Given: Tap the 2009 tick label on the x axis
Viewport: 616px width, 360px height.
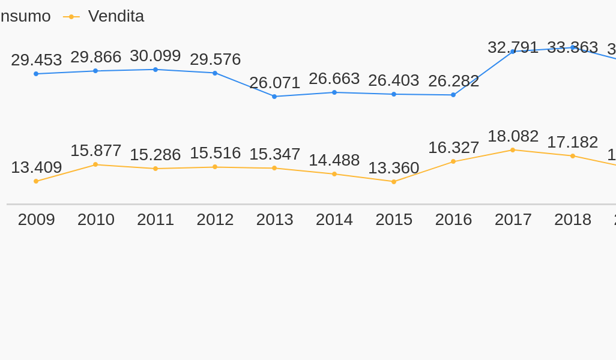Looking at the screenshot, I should click(36, 220).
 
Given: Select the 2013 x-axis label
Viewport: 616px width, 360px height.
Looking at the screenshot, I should click(274, 220).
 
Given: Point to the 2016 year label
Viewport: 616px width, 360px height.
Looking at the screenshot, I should click(453, 220).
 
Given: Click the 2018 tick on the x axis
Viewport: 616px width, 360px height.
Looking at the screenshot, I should click(572, 220).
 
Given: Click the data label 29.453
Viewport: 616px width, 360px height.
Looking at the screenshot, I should click(36, 60).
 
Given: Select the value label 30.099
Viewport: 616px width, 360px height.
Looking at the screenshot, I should click(155, 56).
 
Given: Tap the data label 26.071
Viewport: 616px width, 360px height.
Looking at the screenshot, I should click(274, 83).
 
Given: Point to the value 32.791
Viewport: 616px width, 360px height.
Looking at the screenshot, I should click(513, 47).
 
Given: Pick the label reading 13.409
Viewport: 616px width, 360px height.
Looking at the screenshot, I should click(36, 167).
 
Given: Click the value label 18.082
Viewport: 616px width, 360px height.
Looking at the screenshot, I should click(513, 136).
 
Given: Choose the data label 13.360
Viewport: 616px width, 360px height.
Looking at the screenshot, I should click(393, 168).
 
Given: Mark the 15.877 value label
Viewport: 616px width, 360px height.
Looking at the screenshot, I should click(95, 151).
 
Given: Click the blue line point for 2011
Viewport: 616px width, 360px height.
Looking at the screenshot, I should click(156, 70).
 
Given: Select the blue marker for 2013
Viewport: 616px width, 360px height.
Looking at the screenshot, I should click(274, 97).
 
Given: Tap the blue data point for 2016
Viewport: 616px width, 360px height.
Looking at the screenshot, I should click(453, 95).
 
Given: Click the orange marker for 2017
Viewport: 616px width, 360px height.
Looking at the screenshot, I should click(513, 150).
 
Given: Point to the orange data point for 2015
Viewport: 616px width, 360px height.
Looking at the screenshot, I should click(394, 182).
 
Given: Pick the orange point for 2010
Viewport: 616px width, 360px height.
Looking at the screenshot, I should click(95, 164).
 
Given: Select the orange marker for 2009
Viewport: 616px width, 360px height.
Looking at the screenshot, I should click(36, 181).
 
